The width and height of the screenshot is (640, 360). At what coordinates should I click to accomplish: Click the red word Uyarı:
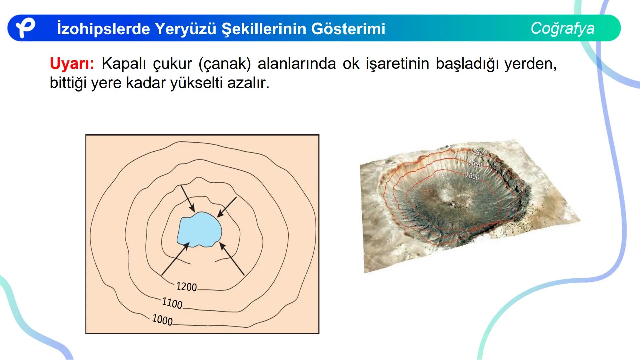(x=72, y=63)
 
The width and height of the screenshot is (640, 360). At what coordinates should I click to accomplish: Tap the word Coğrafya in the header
(x=562, y=28)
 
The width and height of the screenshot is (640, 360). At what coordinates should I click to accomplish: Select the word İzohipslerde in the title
(x=103, y=29)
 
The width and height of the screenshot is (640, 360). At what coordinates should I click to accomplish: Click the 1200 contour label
(x=186, y=287)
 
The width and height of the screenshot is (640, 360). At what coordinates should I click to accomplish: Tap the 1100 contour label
(x=172, y=303)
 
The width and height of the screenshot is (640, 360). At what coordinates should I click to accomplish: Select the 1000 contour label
(x=162, y=320)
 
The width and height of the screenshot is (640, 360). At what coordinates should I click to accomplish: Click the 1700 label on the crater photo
(x=478, y=153)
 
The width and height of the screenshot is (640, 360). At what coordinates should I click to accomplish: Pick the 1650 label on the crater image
(x=475, y=164)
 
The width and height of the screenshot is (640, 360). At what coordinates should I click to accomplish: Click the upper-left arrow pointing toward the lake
(x=188, y=199)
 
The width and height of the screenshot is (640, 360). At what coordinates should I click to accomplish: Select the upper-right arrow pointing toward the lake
(x=227, y=207)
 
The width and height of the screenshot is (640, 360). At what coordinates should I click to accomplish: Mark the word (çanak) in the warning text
(x=224, y=63)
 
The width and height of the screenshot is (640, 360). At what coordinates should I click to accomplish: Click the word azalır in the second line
(x=248, y=83)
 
